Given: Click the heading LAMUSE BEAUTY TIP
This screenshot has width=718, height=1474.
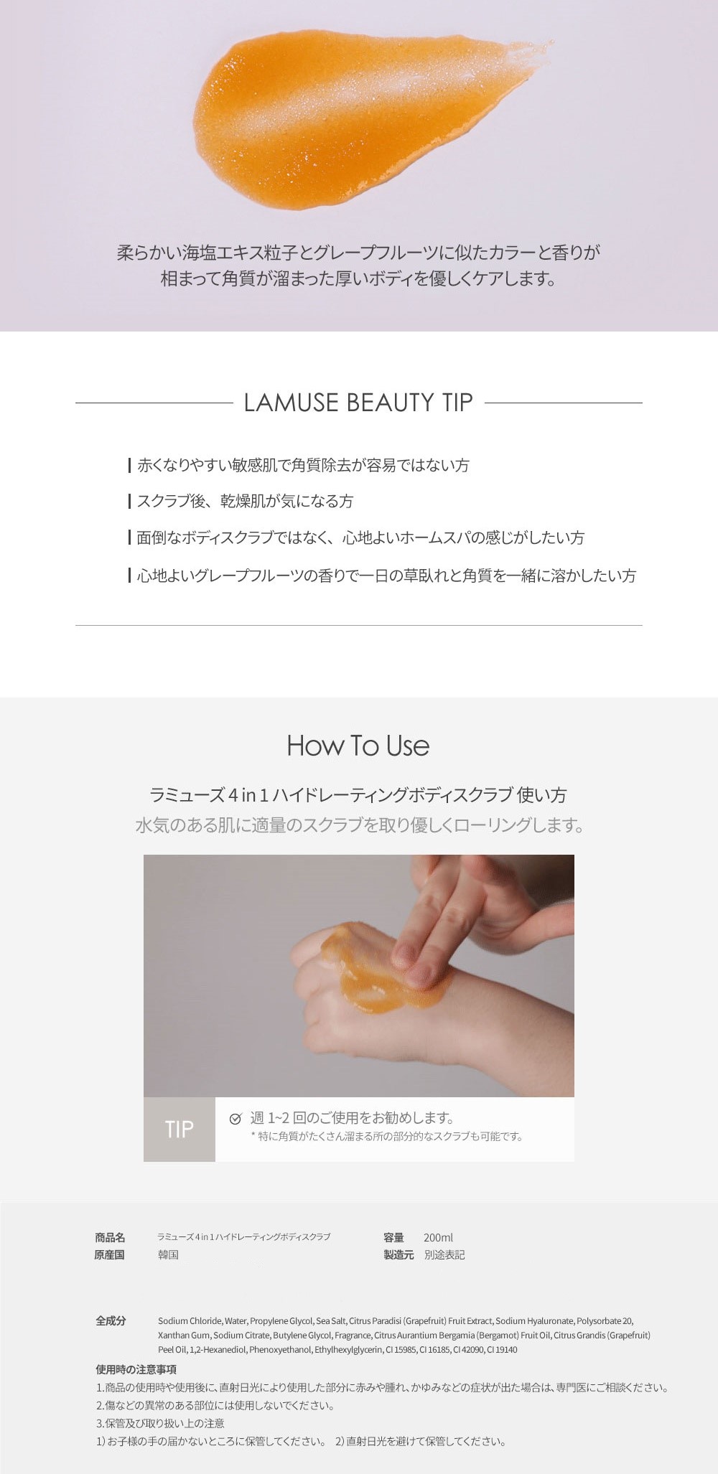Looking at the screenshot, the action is pos(358,403).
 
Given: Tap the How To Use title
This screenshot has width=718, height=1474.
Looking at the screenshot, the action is pos(358,746).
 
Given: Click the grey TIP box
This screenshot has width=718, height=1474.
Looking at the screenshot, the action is pos(179,1129).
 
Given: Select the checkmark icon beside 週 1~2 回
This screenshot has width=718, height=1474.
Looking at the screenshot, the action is pos(235,1118).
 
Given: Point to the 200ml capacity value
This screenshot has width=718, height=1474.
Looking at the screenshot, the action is pos(439,1238).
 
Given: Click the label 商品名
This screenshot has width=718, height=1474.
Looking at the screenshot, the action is pos(110,1238).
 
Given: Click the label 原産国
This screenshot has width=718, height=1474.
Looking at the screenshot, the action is pos(110,1255).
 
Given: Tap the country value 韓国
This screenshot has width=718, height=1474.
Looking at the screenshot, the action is pos(168,1255).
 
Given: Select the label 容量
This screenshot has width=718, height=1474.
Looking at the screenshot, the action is pos(393,1238).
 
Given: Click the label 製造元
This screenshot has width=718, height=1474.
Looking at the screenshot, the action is pos(398,1255).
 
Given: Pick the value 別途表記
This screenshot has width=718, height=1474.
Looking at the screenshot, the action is pos(444,1255).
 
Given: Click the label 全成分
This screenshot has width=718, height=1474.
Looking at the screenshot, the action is pos(111,1321).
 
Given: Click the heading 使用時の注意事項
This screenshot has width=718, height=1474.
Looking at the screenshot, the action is pos(136,1370).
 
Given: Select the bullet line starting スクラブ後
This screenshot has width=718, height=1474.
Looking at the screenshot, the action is pos(240,502).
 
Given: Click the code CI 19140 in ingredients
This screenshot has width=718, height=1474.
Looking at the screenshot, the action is pos(502,1350).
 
